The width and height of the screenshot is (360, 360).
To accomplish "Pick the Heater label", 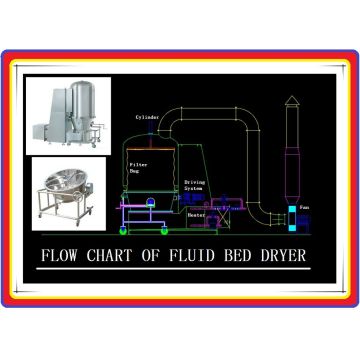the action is click(197, 213).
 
